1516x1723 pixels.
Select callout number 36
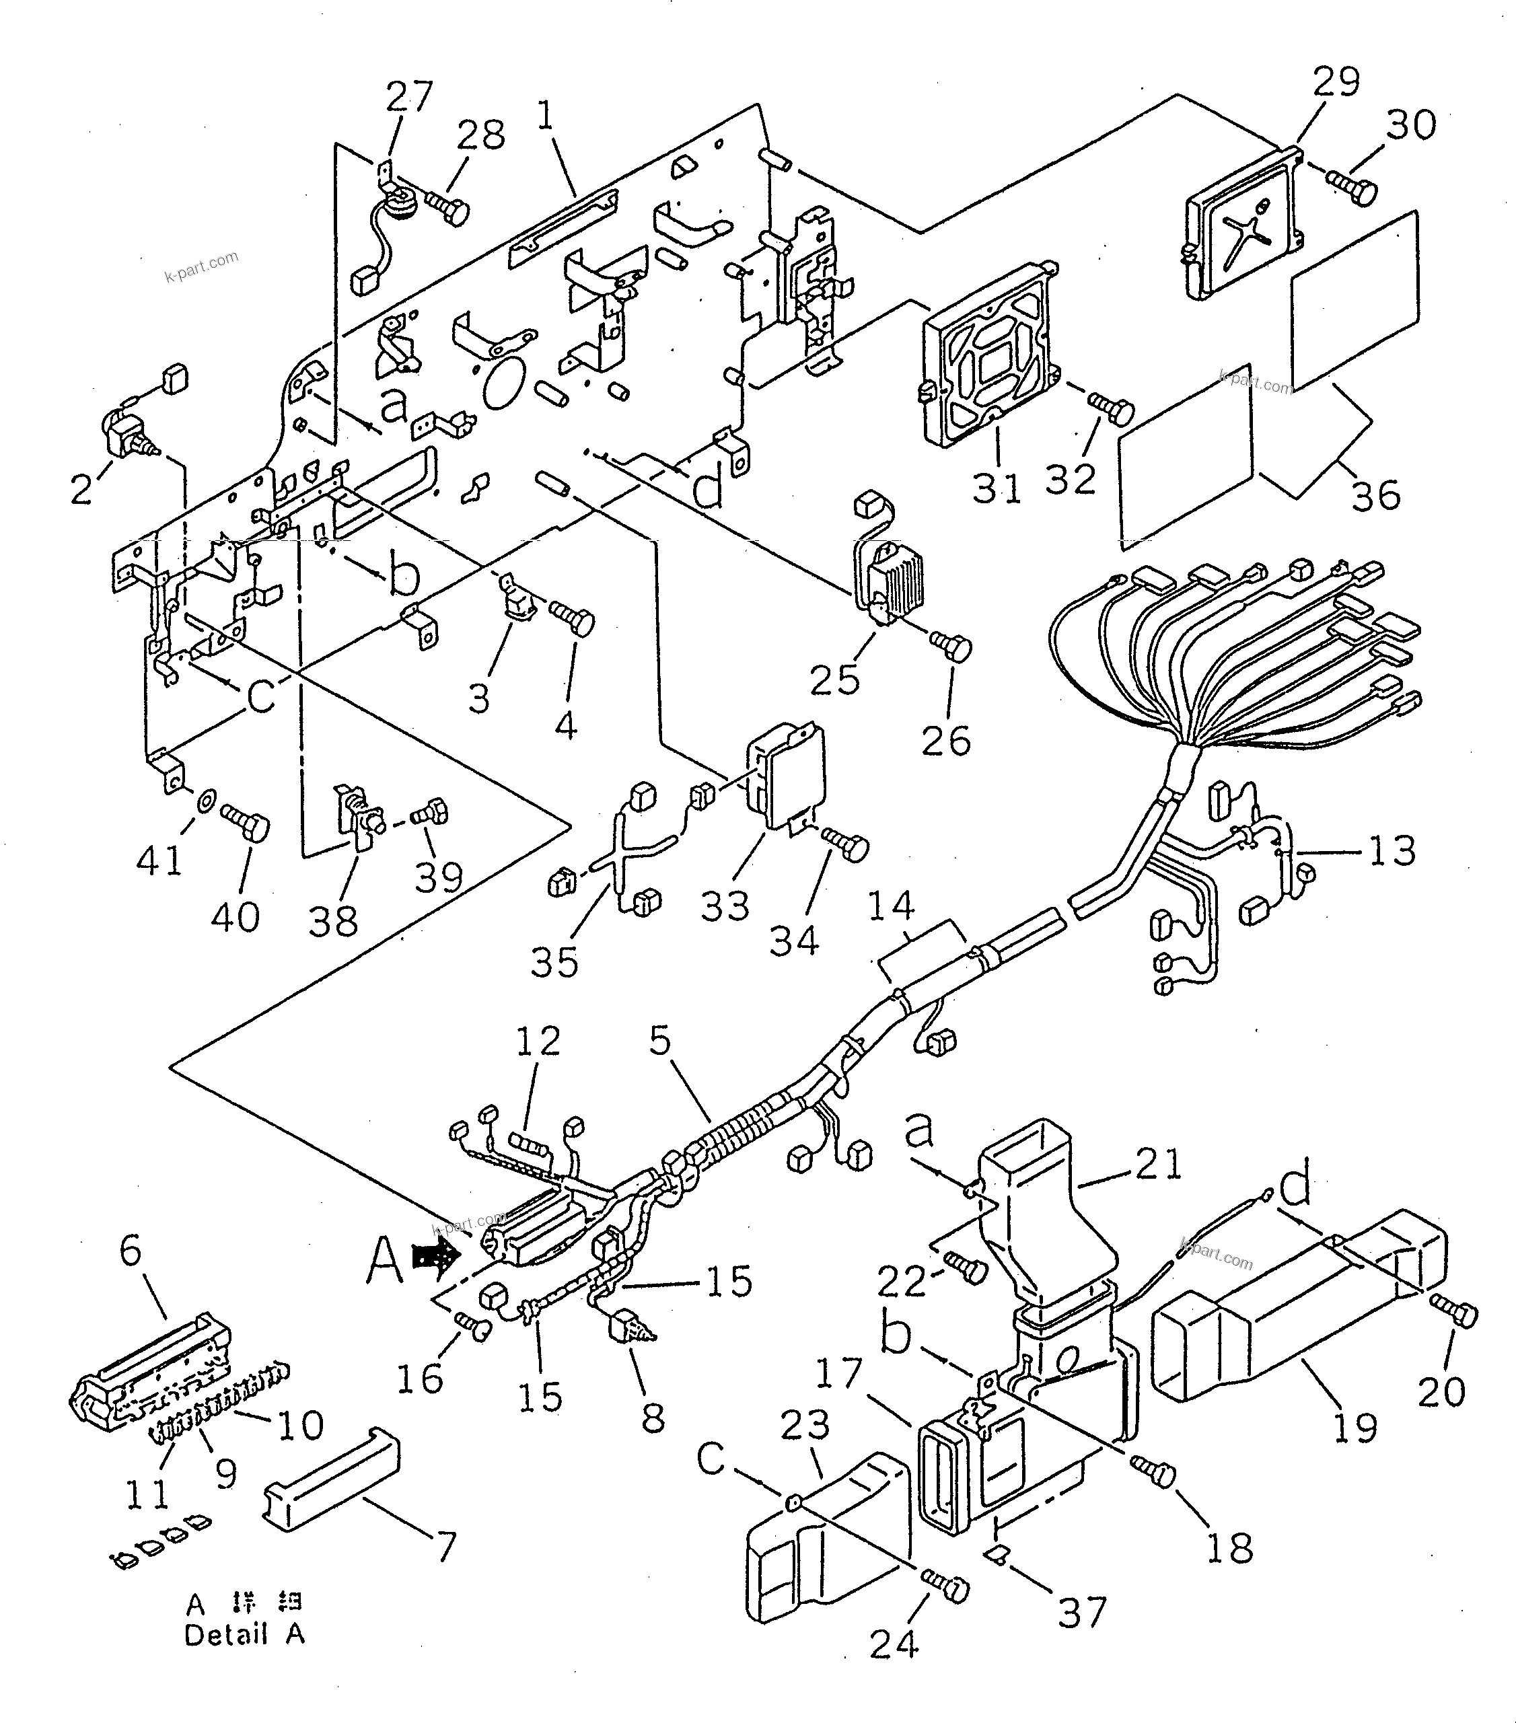pos(1375,494)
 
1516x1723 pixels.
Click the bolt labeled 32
pos(1112,409)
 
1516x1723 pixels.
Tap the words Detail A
pos(244,1634)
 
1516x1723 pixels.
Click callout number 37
pos(1082,1613)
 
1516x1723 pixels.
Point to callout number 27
pos(409,96)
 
